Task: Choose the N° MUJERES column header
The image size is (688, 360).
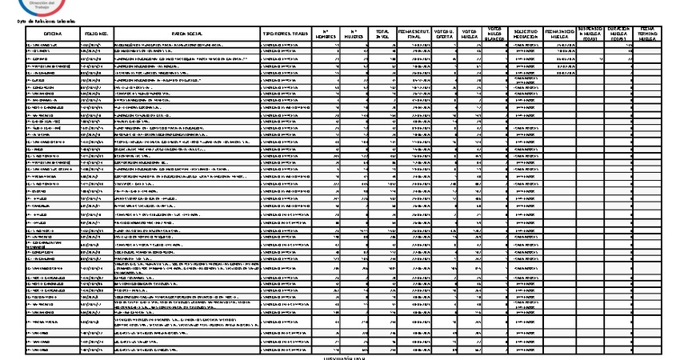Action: point(353,34)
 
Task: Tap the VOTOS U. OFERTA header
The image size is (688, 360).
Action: point(444,34)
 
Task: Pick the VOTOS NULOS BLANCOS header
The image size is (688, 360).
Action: point(495,34)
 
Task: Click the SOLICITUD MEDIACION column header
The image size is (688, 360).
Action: point(526,34)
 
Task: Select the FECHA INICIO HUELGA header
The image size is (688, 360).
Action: point(560,34)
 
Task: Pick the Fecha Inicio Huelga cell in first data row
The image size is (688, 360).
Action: point(560,46)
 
